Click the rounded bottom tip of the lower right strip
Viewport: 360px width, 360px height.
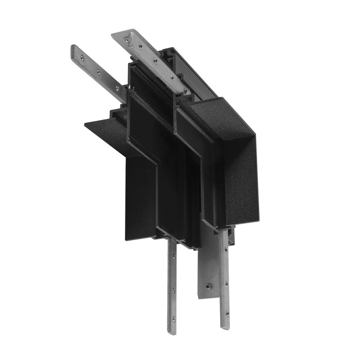[x=225, y=327]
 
